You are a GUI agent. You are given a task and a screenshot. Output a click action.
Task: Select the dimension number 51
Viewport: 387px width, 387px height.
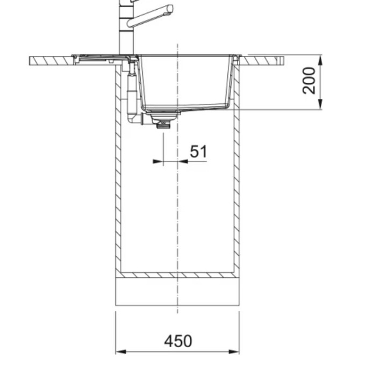198,152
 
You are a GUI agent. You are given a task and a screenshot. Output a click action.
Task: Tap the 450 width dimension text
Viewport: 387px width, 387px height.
178,341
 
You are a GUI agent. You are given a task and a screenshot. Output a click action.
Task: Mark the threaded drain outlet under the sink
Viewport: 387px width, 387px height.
161,125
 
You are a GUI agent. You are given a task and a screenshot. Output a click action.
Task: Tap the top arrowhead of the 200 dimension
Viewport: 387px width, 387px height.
320,59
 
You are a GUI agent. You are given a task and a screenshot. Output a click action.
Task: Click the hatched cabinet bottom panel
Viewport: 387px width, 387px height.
177,275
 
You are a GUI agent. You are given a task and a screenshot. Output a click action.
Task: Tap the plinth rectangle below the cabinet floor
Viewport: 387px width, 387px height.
177,291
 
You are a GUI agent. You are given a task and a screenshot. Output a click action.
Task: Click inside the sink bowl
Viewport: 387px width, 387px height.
185,81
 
